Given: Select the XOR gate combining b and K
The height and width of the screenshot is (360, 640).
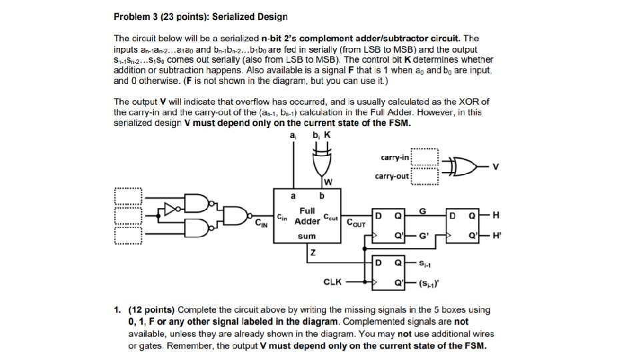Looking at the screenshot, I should tap(322, 162).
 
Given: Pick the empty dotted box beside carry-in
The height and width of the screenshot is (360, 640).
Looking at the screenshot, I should tap(425, 157).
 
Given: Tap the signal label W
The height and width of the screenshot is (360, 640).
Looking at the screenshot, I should tap(328, 182).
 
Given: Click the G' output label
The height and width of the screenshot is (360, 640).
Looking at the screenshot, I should tap(424, 237).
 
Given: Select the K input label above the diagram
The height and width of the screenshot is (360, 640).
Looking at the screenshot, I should tap(327, 135).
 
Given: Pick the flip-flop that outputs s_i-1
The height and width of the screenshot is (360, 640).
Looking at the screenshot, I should tap(389, 273).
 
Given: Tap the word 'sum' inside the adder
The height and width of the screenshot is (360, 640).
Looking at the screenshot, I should tap(307, 236).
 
